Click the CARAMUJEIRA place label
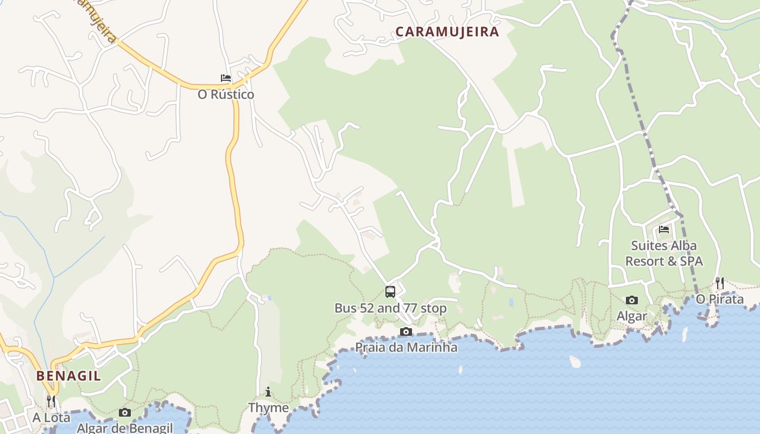click(x=447, y=31)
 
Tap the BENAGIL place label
click(x=69, y=376)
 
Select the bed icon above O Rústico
click(x=225, y=79)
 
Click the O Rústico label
click(x=226, y=94)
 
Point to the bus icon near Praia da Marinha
click(x=390, y=292)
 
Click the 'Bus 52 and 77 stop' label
click(x=390, y=308)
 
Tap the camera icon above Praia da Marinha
click(x=406, y=331)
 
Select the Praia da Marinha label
click(x=406, y=347)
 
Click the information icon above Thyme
click(x=268, y=392)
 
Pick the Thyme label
click(x=268, y=407)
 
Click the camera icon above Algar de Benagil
click(x=125, y=412)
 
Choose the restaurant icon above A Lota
click(x=51, y=401)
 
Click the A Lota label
click(x=51, y=418)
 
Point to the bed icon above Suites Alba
click(x=664, y=229)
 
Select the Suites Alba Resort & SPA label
click(x=664, y=253)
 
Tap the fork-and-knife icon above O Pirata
click(x=720, y=283)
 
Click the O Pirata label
click(x=720, y=299)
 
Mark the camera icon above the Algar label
click(x=632, y=300)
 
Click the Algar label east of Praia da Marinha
click(x=632, y=316)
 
